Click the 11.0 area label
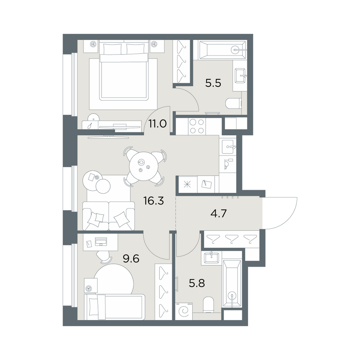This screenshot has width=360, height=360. (157, 124)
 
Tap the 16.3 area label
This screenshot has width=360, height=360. (154, 201)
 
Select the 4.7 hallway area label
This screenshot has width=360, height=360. (219, 213)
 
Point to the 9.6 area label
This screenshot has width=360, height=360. (131, 259)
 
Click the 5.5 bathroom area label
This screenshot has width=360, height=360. (213, 83)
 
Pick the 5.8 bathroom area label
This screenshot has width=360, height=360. (197, 283)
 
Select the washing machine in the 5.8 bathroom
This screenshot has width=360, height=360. (184, 311)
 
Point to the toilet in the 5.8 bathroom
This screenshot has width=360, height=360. (208, 305)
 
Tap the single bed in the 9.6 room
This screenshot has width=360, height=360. (114, 307)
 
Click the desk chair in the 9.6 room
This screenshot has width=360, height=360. (103, 256)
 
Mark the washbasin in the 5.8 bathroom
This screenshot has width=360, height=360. (211, 258)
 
